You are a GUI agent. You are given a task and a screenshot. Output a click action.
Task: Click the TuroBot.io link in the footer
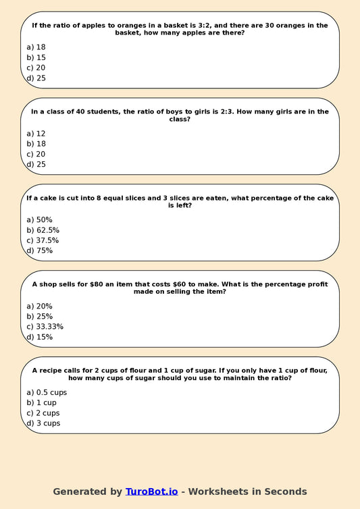click(x=151, y=491)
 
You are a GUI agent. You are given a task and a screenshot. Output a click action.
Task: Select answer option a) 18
click(x=36, y=47)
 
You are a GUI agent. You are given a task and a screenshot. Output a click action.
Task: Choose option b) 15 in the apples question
click(x=36, y=57)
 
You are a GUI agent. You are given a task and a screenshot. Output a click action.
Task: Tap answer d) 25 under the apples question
click(x=36, y=78)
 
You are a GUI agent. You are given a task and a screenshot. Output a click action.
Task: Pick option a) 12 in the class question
click(x=36, y=134)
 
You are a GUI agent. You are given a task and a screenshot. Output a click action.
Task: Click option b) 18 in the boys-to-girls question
click(x=36, y=144)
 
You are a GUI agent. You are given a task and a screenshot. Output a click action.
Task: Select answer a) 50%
click(x=39, y=220)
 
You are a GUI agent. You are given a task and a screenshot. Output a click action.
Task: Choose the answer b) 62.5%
click(x=43, y=230)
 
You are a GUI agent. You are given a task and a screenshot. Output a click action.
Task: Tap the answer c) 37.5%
click(x=43, y=240)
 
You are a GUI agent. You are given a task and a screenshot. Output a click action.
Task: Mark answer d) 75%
click(x=39, y=250)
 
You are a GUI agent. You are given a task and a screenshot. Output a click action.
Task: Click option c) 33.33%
click(x=45, y=327)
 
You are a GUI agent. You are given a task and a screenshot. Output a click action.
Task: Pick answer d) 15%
click(x=39, y=337)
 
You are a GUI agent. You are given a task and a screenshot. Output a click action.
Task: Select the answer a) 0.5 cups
click(x=47, y=392)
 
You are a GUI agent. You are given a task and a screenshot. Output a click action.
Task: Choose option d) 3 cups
click(x=43, y=423)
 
